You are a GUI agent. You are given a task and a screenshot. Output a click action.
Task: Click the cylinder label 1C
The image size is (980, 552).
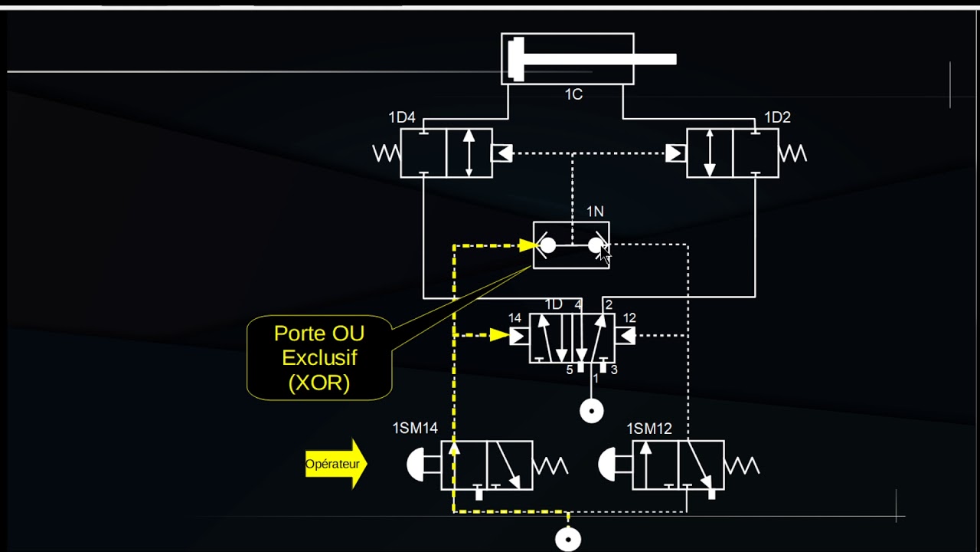[x=573, y=94]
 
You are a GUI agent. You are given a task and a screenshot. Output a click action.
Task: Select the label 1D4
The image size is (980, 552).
[x=401, y=117]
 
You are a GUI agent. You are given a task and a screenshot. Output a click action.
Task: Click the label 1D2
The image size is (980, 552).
[x=777, y=117]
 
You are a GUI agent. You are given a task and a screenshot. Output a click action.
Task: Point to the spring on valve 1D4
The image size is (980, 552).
[x=387, y=153]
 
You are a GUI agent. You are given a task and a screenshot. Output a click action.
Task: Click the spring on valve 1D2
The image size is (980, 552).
[x=792, y=153]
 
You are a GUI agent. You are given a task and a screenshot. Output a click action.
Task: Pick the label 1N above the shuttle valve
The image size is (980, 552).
[x=595, y=211]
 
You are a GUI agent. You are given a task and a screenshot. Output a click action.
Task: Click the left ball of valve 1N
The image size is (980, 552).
[x=548, y=245]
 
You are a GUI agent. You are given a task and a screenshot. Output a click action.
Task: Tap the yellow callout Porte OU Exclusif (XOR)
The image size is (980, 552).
[x=319, y=357]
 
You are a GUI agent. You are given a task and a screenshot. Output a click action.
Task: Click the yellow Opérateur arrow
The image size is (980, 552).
[x=336, y=463]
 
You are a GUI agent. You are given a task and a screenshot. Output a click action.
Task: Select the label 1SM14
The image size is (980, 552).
[x=415, y=428]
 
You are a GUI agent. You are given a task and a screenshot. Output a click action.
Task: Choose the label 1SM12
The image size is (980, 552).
[x=648, y=428]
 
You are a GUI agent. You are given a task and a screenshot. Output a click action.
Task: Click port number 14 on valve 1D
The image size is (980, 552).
[x=514, y=318]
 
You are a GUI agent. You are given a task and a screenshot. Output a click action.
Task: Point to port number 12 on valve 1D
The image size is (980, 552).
[x=629, y=318]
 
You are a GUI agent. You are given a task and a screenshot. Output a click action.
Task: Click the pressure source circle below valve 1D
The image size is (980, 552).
[x=591, y=411]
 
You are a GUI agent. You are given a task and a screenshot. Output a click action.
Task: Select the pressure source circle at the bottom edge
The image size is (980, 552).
[x=568, y=539]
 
